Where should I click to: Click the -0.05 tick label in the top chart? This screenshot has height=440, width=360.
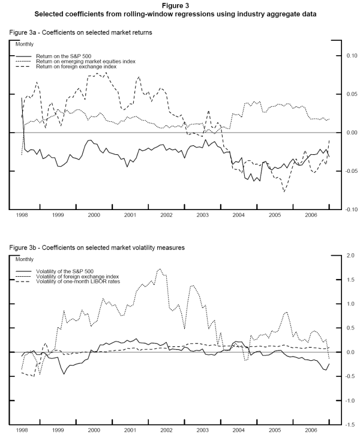349,171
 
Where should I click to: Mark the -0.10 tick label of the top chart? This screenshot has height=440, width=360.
349,209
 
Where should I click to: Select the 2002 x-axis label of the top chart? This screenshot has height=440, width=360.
166,214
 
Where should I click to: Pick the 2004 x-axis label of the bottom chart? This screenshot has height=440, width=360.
238,430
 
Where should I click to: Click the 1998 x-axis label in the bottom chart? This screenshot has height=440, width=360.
22,430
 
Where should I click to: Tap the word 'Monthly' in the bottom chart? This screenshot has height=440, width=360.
25,260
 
